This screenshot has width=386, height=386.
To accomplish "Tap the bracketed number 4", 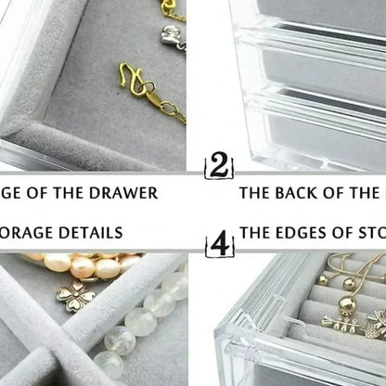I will point(219,245).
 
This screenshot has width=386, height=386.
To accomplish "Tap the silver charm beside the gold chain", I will point(167,37).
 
